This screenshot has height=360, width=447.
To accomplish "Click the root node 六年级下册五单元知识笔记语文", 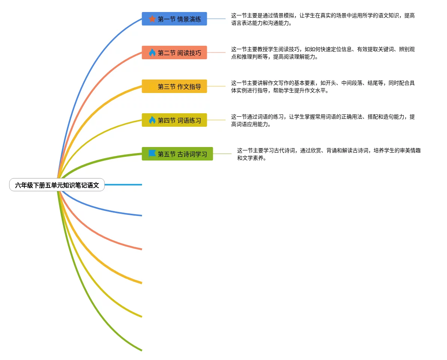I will pos(57,185).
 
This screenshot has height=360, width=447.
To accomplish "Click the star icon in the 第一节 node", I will pos(152,19).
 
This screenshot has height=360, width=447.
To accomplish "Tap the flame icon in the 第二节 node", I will pos(152,53).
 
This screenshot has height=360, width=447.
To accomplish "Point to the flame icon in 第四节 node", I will pos(152,120).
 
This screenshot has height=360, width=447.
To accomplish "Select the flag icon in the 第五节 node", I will pos(152,154).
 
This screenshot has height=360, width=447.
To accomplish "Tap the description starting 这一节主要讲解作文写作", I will pos(323,87).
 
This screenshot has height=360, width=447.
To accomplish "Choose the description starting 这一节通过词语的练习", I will pos(323,120).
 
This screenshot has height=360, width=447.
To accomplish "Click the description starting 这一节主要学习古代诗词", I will pos(329,154).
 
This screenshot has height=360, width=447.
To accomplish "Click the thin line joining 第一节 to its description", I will pos(216,19).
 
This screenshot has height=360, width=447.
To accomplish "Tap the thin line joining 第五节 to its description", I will pos(222,154).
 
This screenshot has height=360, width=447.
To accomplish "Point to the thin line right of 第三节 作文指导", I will pos(216,86).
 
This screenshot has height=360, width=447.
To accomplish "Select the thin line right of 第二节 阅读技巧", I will pos(216,52).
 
